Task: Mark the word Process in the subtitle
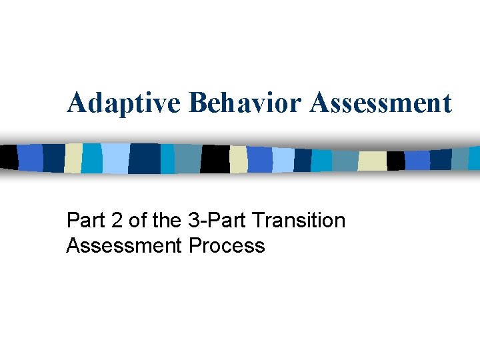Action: coord(227,246)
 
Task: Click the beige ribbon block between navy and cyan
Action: coord(73,159)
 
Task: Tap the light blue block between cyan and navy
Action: coord(114,159)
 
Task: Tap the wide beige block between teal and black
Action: coord(372,161)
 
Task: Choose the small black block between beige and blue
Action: coord(396,161)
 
